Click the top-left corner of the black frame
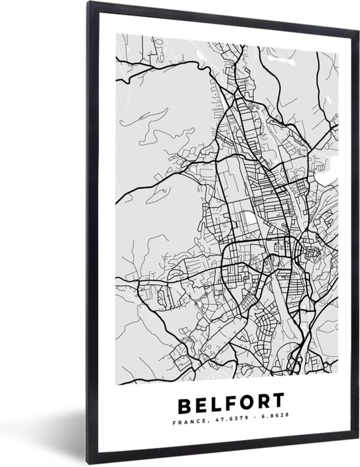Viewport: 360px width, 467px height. [x=91, y=3]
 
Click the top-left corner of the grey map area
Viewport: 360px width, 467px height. [x=116, y=33]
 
